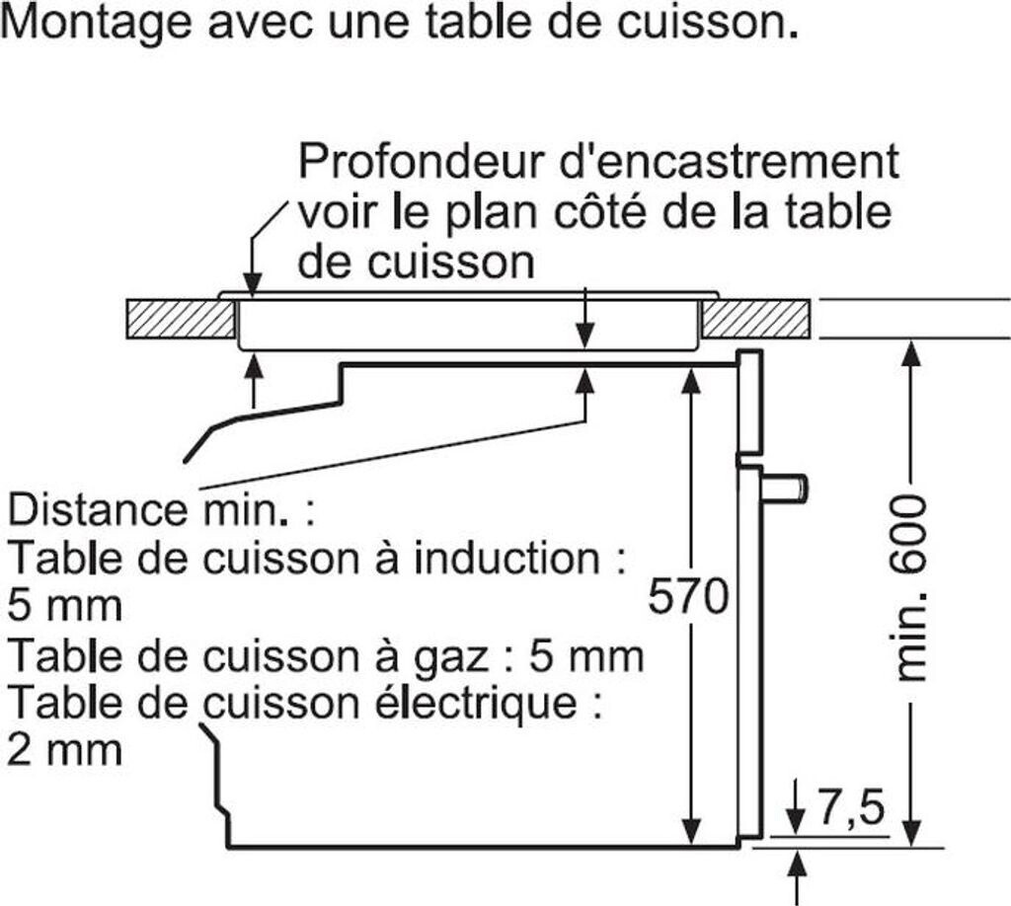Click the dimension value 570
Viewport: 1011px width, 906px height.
(688, 597)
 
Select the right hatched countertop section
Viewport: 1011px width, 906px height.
(756, 318)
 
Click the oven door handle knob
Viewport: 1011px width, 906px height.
(788, 488)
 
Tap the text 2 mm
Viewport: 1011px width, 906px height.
(64, 750)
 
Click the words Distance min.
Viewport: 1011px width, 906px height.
(148, 511)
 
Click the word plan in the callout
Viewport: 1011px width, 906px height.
(479, 212)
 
